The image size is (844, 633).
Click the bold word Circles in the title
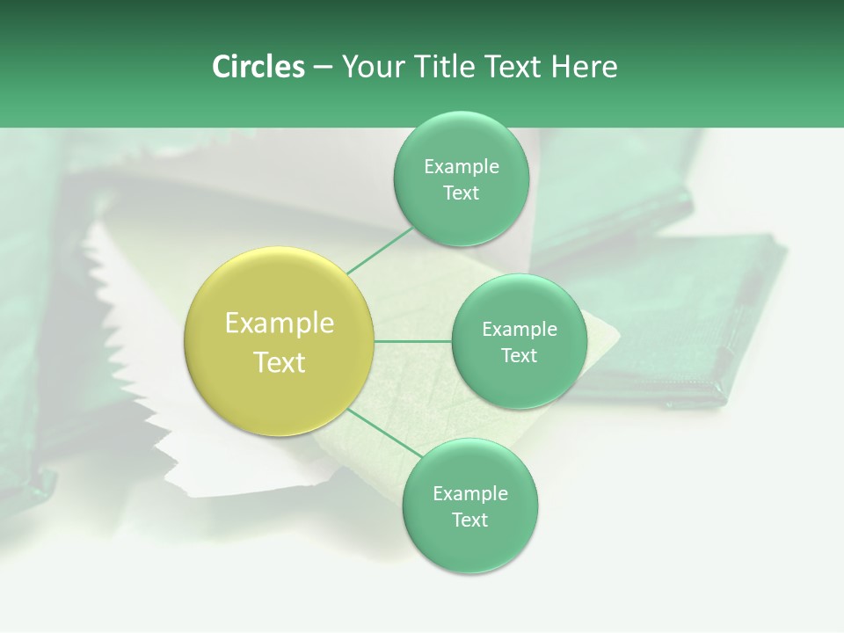[258, 67]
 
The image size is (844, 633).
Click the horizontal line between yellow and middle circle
[413, 341]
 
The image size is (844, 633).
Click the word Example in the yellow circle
[280, 324]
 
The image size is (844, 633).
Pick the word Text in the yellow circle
[280, 362]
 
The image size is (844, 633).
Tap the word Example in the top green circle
[461, 167]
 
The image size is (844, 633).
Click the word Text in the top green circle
[461, 193]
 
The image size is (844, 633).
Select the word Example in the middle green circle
[519, 330]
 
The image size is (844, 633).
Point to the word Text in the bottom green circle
[469, 520]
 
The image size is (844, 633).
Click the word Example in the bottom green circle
[469, 494]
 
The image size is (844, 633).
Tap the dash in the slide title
[322, 68]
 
